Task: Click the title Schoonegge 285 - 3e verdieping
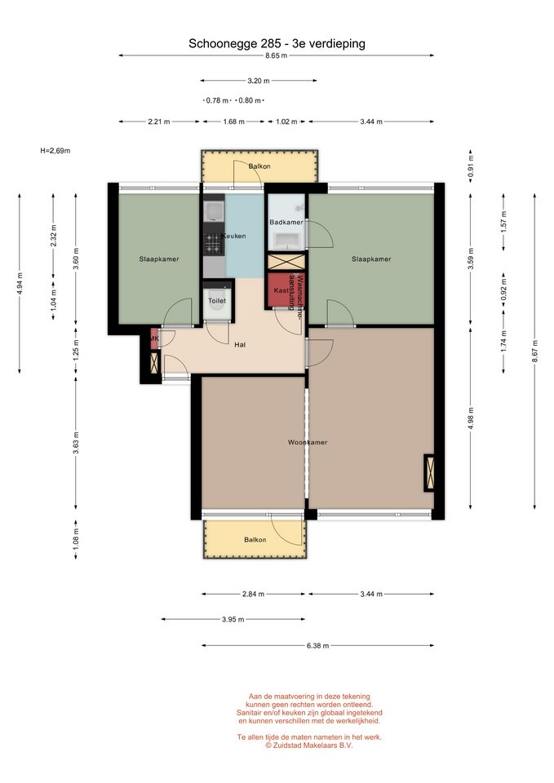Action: coord(277,44)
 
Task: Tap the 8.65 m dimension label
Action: coord(277,56)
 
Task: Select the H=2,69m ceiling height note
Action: coord(55,151)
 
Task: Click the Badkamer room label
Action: coord(286,222)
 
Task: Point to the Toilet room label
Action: coord(217,301)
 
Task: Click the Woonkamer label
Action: coord(308,442)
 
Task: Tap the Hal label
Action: coord(240,345)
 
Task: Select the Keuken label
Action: coord(234,237)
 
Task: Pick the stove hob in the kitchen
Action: coord(213,243)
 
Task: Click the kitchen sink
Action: coord(215,211)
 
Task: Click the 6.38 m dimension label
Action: coord(317,646)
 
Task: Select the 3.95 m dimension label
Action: coord(233,620)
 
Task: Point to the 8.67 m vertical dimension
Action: coord(535,352)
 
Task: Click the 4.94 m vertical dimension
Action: coord(20,284)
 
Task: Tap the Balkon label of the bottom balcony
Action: coord(255,540)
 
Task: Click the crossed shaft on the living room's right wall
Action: coord(429,473)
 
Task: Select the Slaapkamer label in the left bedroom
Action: coord(159,259)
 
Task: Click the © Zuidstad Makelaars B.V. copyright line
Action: coord(308,745)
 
